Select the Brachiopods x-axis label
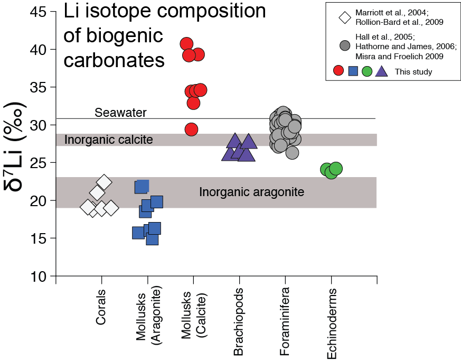point(239,322)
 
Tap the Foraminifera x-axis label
point(285,322)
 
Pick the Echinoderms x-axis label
point(332,324)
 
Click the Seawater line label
point(120,113)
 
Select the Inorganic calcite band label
point(108,140)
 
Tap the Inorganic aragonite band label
point(251,192)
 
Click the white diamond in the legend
point(345,17)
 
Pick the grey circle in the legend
point(345,46)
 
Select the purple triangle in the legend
point(381,71)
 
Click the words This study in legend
point(413,72)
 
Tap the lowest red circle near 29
point(191,129)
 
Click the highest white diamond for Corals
point(104,182)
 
